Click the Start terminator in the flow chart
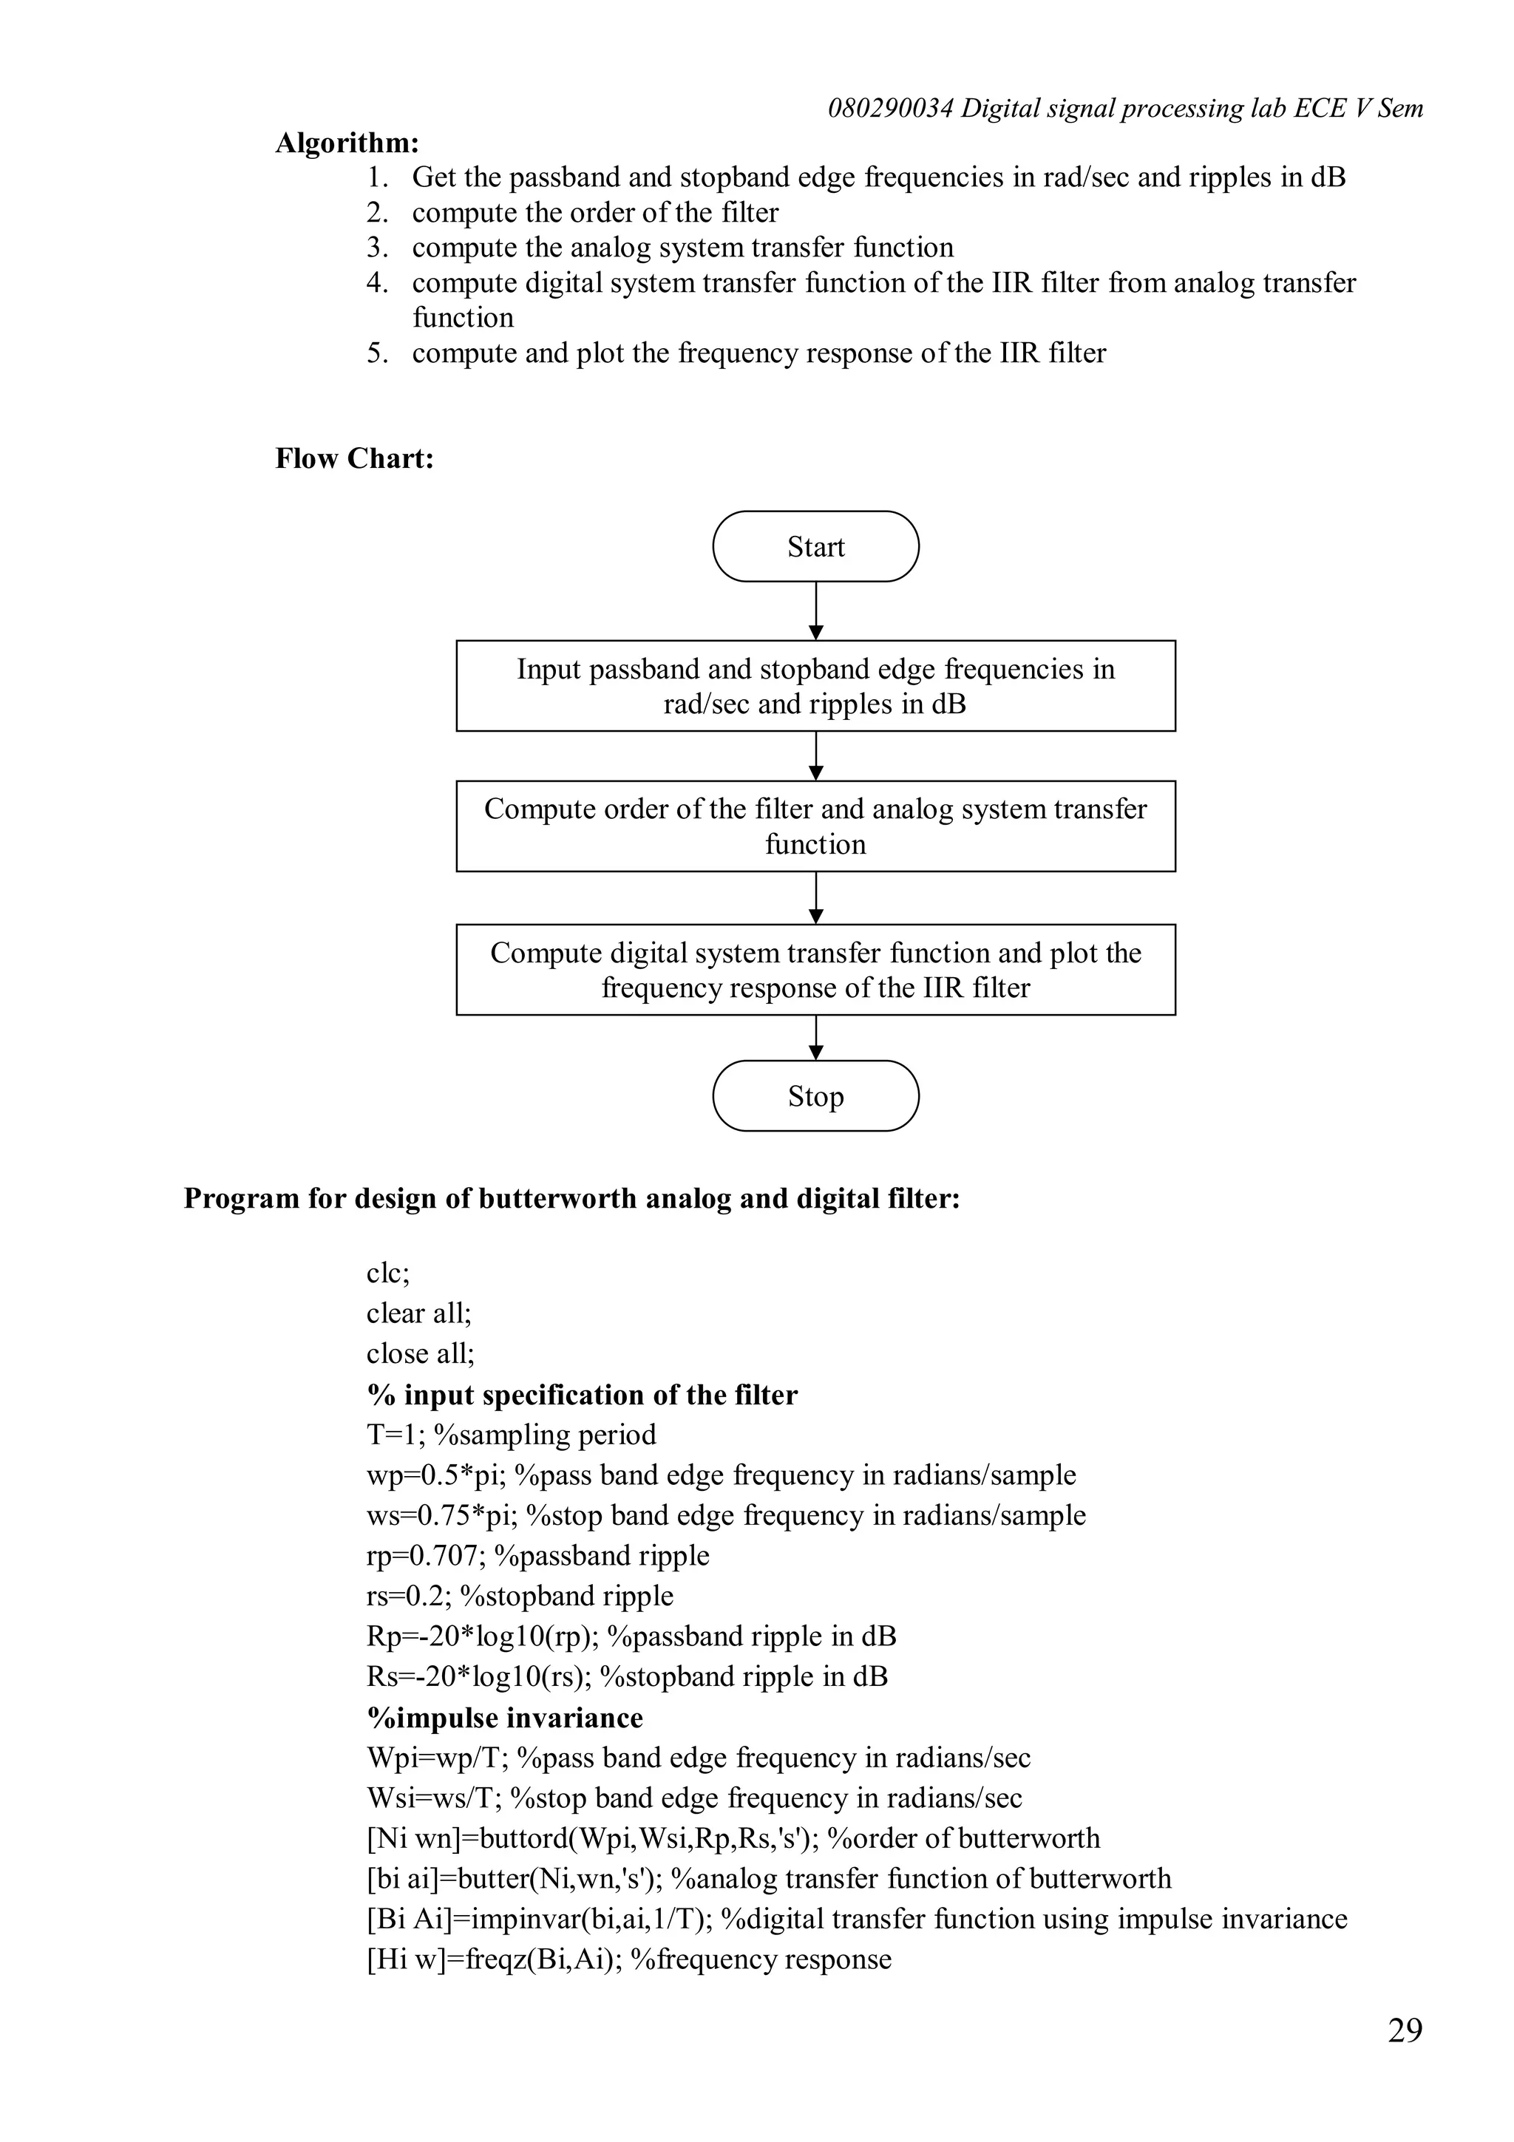pos(815,547)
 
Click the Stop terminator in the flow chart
pos(815,1096)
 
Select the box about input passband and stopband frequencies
pos(815,686)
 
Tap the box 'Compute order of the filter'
pos(815,826)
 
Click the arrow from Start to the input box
pos(816,611)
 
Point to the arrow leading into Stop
pos(816,1038)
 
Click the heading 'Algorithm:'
pos(347,143)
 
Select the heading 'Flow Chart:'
pos(355,458)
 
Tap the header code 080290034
pos(890,109)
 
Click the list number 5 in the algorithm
pos(376,353)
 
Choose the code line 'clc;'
pos(388,1274)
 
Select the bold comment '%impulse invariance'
pos(505,1718)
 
